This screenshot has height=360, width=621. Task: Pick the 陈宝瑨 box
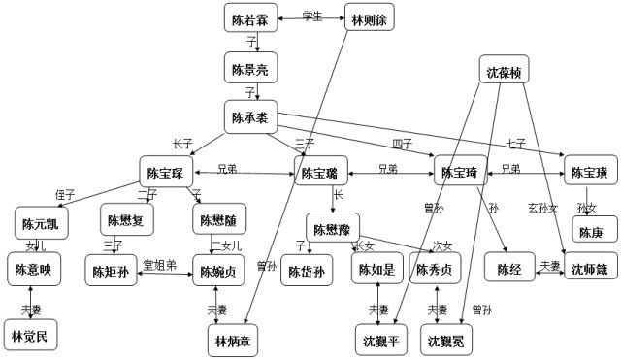click(x=320, y=174)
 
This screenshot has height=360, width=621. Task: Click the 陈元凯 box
click(x=42, y=223)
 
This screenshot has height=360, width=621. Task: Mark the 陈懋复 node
click(x=125, y=220)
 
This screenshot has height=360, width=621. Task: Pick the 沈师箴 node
click(x=588, y=269)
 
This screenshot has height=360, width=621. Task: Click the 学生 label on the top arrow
click(x=311, y=16)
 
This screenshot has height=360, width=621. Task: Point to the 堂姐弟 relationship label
click(x=160, y=264)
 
